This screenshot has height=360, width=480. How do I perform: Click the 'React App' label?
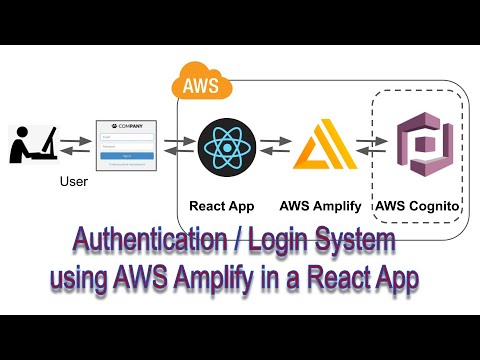coord(222,206)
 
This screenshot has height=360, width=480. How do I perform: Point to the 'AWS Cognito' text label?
coord(418,206)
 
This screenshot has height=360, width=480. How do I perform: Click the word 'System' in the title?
coord(364,242)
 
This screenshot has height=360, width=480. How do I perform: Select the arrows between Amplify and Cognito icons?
coord(369,146)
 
